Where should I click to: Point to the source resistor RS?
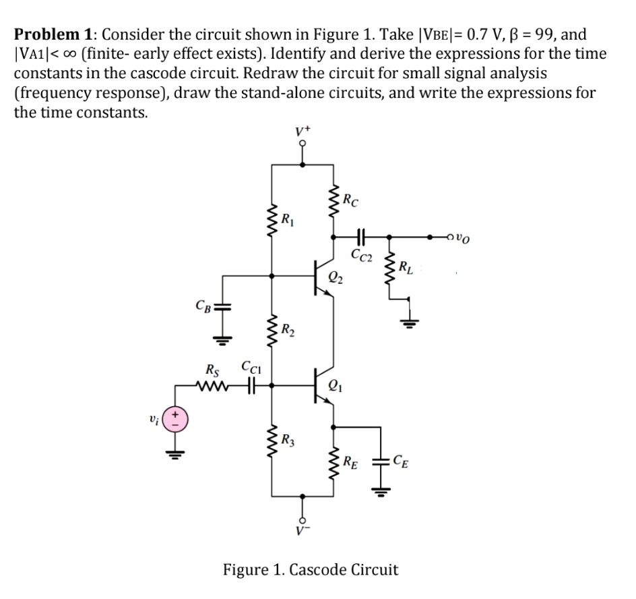[214, 387]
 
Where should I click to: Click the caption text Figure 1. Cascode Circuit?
[311, 569]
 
